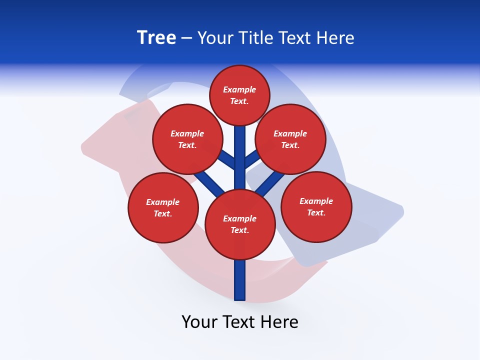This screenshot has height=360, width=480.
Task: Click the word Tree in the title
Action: (x=156, y=37)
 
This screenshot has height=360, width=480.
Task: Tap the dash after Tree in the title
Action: (x=186, y=38)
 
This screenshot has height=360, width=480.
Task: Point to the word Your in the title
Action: (x=216, y=38)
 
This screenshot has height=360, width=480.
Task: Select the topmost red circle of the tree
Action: (x=239, y=95)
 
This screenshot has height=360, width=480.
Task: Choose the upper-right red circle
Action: (x=290, y=139)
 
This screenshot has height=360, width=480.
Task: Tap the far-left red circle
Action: (x=163, y=207)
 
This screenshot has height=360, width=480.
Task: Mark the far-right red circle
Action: (x=316, y=206)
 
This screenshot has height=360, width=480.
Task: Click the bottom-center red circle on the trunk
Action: (x=240, y=224)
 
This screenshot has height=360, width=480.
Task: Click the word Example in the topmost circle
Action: (x=239, y=89)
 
